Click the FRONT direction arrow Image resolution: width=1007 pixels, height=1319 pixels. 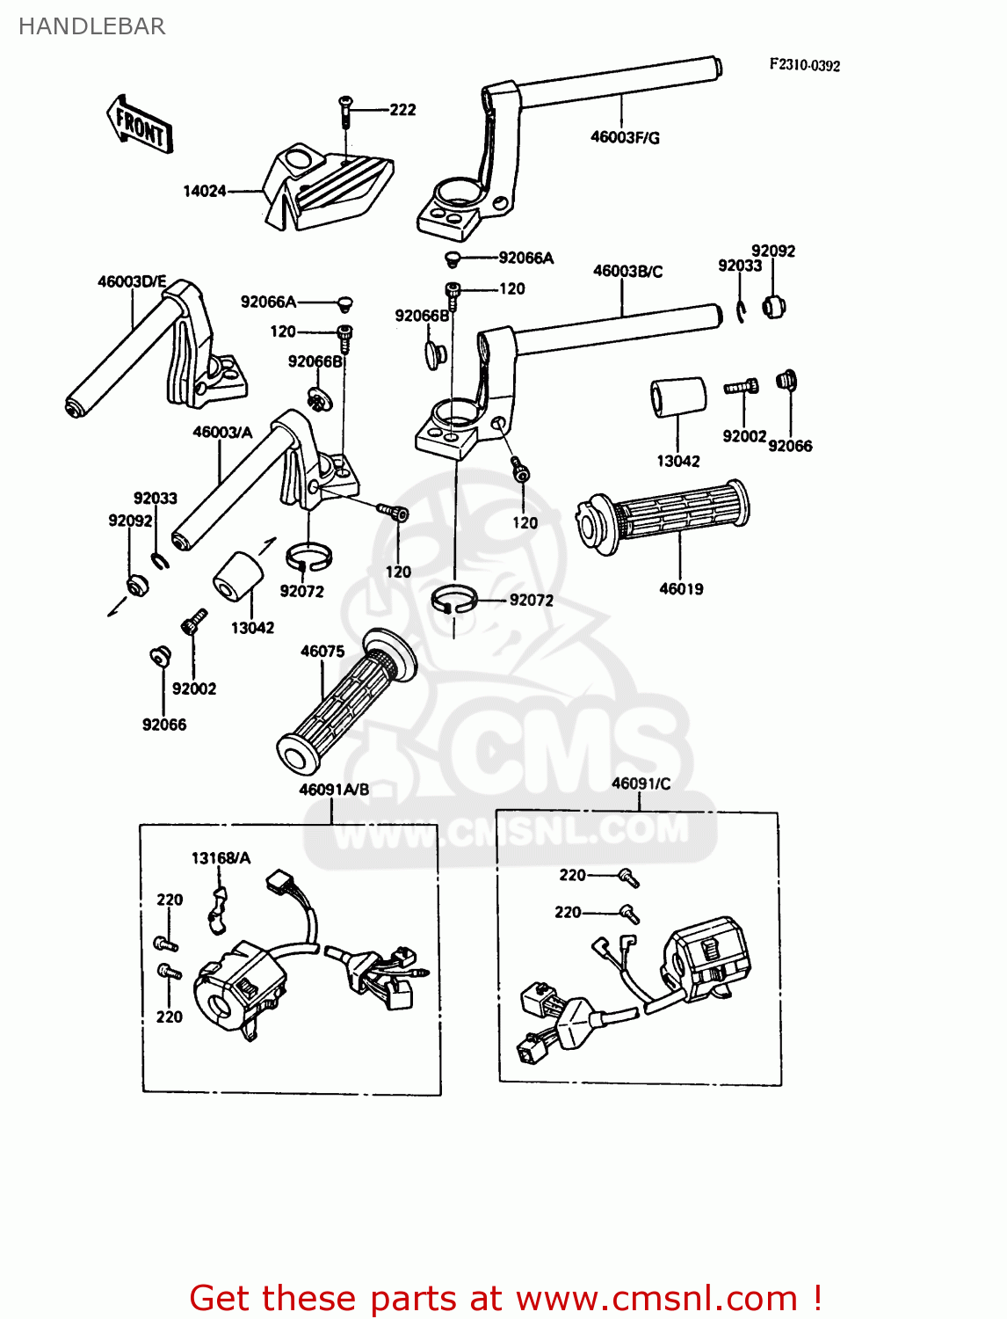pyautogui.click(x=140, y=125)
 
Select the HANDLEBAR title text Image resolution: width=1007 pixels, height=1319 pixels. pyautogui.click(x=91, y=26)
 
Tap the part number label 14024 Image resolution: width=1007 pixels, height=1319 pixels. pyautogui.click(x=204, y=191)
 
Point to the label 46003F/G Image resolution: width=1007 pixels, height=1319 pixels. pyautogui.click(x=625, y=137)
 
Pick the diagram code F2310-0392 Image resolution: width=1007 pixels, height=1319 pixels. pyautogui.click(x=804, y=65)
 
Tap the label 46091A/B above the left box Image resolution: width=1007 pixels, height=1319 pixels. pyautogui.click(x=334, y=790)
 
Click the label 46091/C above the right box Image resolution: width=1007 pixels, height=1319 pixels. pyautogui.click(x=641, y=783)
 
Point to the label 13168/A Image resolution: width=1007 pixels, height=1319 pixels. pyautogui.click(x=221, y=857)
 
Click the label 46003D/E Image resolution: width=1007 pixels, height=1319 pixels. pyautogui.click(x=132, y=281)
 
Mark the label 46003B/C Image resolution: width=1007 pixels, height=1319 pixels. pyautogui.click(x=627, y=271)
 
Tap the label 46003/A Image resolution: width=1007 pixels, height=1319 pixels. pyautogui.click(x=222, y=432)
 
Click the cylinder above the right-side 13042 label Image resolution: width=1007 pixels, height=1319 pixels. pyautogui.click(x=677, y=397)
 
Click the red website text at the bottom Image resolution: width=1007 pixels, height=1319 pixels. pyautogui.click(x=505, y=1297)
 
